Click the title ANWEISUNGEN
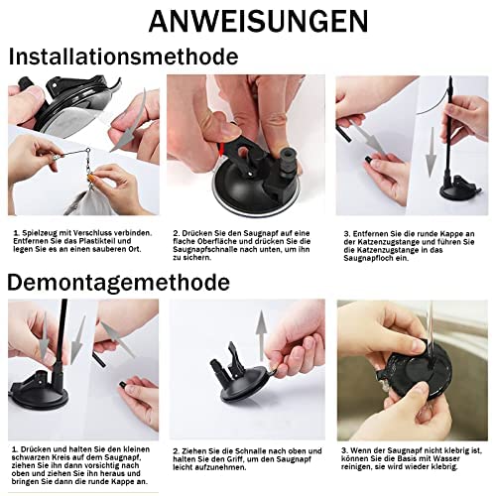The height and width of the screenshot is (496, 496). (x=258, y=21)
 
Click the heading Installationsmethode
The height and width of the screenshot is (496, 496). (x=123, y=57)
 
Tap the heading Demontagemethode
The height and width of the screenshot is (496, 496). (x=118, y=283)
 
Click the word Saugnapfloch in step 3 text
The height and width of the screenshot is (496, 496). (x=369, y=258)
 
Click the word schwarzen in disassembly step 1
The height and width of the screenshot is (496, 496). (x=28, y=458)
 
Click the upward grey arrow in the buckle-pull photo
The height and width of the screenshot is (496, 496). (x=262, y=334)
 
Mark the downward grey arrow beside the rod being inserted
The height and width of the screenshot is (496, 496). (x=431, y=152)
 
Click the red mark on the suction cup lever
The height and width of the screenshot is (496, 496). (x=222, y=150)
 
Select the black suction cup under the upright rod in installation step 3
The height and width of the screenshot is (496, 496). (x=460, y=190)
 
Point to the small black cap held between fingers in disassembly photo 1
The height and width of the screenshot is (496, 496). (x=122, y=385)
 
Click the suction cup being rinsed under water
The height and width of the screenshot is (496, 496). (x=418, y=375)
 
